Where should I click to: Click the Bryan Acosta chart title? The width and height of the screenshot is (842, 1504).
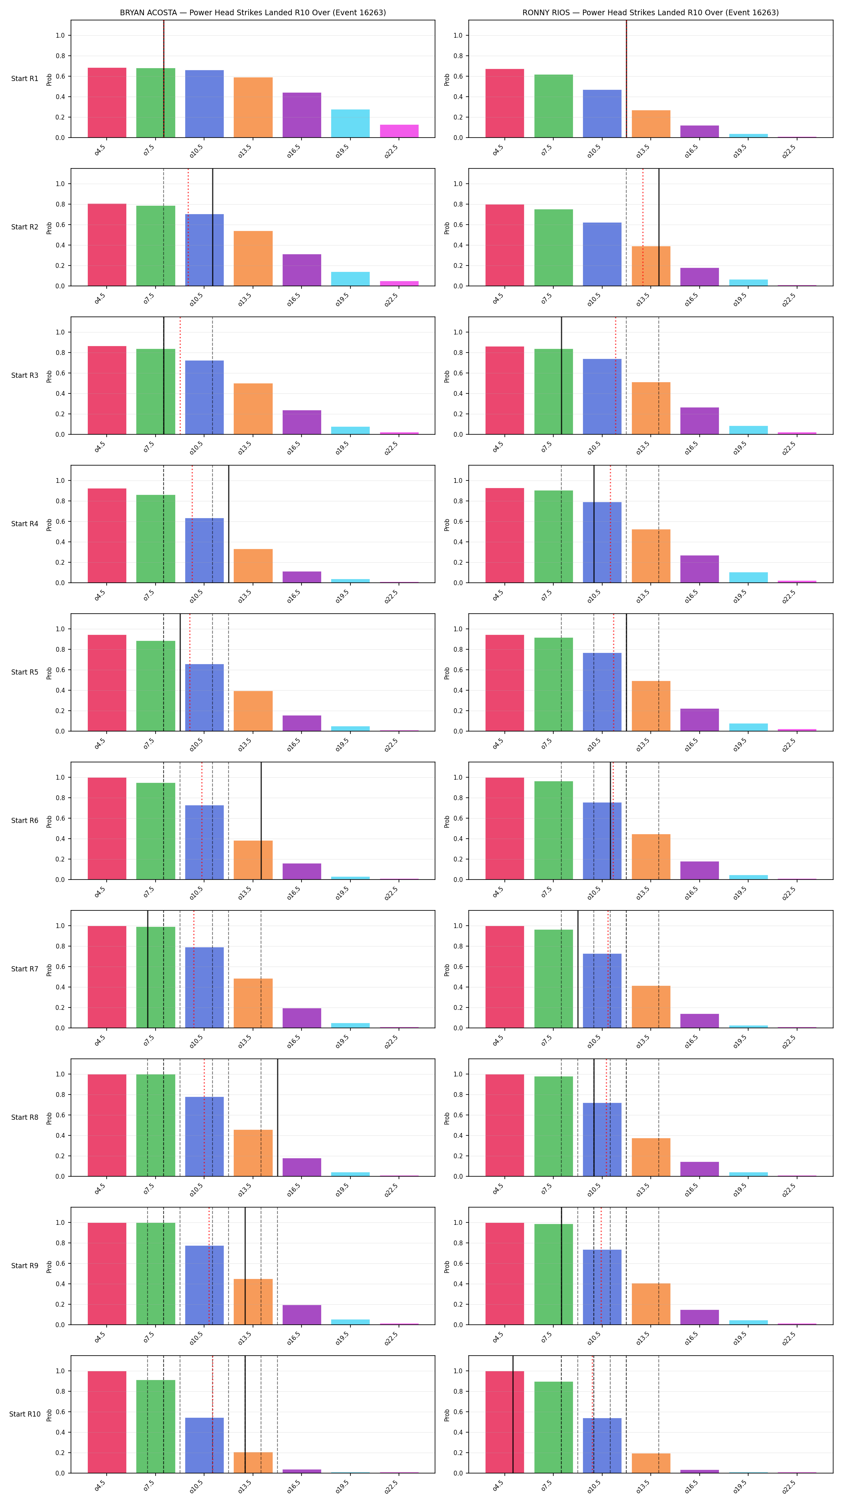tap(253, 12)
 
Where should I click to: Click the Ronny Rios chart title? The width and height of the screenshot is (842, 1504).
tap(650, 12)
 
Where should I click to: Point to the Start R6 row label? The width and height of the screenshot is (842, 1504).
tap(24, 820)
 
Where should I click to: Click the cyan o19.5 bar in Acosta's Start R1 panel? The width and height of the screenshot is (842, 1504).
tap(350, 123)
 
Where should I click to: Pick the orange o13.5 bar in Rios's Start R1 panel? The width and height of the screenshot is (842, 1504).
tap(651, 124)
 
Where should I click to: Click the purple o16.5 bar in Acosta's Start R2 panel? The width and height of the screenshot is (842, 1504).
tap(302, 270)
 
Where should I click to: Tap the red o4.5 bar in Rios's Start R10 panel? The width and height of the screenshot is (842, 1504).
tap(505, 1422)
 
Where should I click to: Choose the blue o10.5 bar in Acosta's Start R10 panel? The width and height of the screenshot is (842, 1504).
tap(204, 1445)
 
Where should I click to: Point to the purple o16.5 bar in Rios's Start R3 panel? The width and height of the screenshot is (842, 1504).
tap(700, 421)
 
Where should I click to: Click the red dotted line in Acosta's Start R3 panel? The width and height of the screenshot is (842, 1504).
tap(180, 375)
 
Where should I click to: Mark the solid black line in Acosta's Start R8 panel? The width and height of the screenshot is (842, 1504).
tap(277, 1117)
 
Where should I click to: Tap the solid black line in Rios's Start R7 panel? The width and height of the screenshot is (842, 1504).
tap(578, 969)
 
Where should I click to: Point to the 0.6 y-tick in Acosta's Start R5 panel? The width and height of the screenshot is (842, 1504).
tap(60, 670)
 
